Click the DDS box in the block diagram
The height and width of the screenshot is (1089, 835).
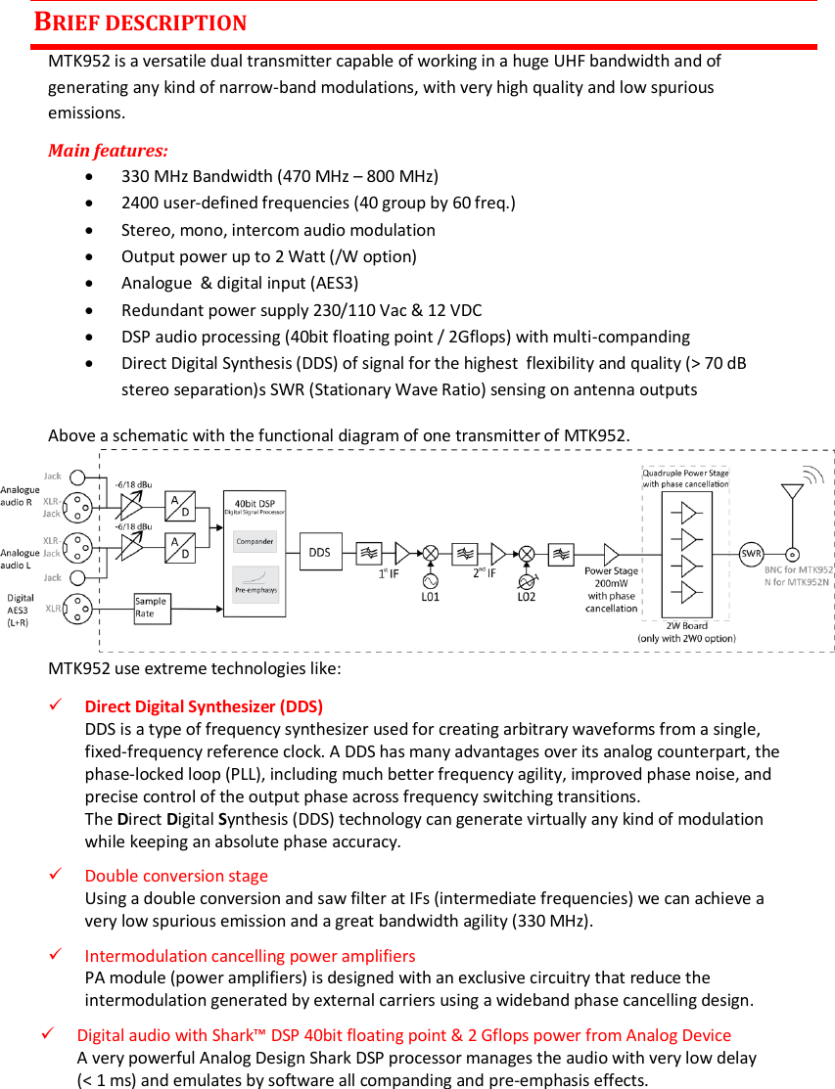click(x=320, y=553)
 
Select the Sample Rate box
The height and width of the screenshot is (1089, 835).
click(x=151, y=608)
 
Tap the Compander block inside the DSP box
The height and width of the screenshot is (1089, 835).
click(x=255, y=541)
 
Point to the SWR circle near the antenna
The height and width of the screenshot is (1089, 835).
click(x=752, y=554)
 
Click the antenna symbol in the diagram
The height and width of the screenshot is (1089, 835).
click(x=791, y=499)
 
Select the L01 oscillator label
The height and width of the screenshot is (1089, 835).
click(x=430, y=595)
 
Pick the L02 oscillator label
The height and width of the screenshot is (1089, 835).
click(x=527, y=595)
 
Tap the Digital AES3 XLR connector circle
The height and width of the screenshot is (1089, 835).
click(x=77, y=609)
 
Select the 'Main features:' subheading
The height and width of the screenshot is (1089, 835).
click(x=108, y=151)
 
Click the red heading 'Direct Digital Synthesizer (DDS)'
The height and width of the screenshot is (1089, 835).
click(x=204, y=706)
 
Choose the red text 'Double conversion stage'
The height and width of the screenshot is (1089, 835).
click(x=176, y=876)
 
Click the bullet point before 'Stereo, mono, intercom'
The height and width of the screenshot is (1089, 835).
click(x=90, y=231)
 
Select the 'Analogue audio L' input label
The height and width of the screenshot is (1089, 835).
click(x=21, y=559)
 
